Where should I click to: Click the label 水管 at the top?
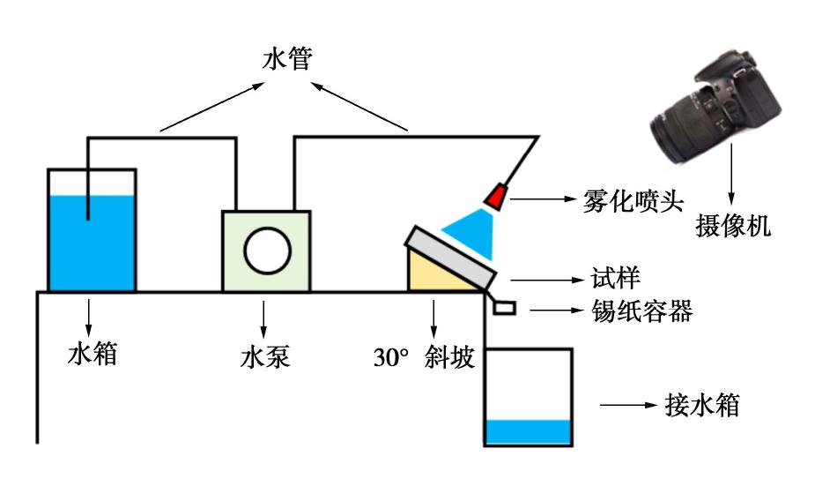coord(287,59)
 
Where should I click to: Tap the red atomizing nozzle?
coord(495,197)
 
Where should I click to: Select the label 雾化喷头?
coord(632,200)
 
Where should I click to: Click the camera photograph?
coord(716,106)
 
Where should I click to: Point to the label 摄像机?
coord(733,226)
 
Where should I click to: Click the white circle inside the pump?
coord(267,251)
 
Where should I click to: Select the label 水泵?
coord(264,357)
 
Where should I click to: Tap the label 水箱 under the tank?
coord(92,354)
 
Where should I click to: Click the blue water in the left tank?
coord(92,243)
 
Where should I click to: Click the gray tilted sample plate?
coord(450,258)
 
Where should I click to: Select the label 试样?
coord(615,279)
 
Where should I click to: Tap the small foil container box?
coord(504,308)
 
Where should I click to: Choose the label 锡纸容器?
coord(642,311)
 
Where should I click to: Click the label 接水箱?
coord(702,405)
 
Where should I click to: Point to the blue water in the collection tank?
coord(528,432)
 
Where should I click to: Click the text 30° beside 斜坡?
coord(391,357)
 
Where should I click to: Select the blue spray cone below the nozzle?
coord(472,232)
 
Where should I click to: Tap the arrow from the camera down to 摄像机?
coord(731,175)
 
